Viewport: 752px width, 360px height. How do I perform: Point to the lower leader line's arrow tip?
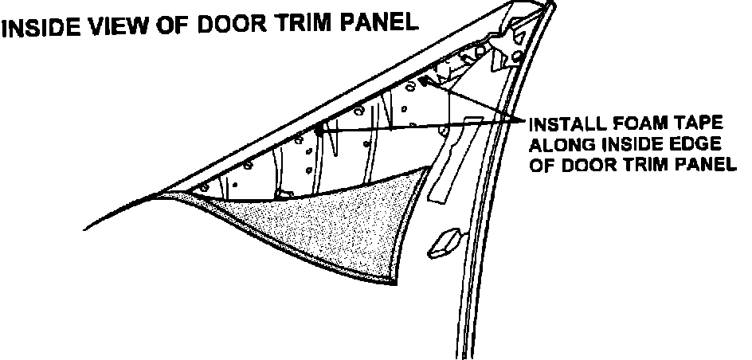[318, 130]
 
